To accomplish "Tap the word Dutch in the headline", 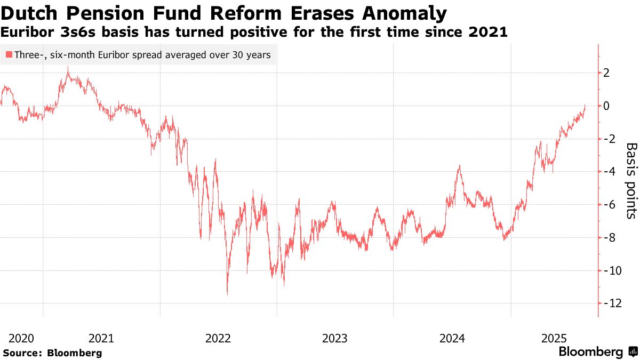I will (x=32, y=13).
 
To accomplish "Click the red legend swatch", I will (x=9, y=54).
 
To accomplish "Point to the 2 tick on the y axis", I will (x=606, y=73).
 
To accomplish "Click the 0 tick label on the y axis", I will (x=606, y=106).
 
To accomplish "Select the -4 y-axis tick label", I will (x=608, y=172).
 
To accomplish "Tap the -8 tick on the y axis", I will (x=608, y=237).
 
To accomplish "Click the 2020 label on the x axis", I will (x=21, y=338).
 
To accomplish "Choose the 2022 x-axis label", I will (x=218, y=338).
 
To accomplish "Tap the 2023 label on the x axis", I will (x=335, y=338).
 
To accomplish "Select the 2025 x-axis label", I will (x=554, y=338).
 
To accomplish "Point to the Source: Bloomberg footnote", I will (x=52, y=353).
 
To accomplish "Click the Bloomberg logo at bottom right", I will (x=597, y=352).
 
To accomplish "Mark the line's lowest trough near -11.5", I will (x=227, y=294).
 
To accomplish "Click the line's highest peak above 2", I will (x=68, y=67).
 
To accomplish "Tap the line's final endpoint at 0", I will (x=585, y=106).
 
